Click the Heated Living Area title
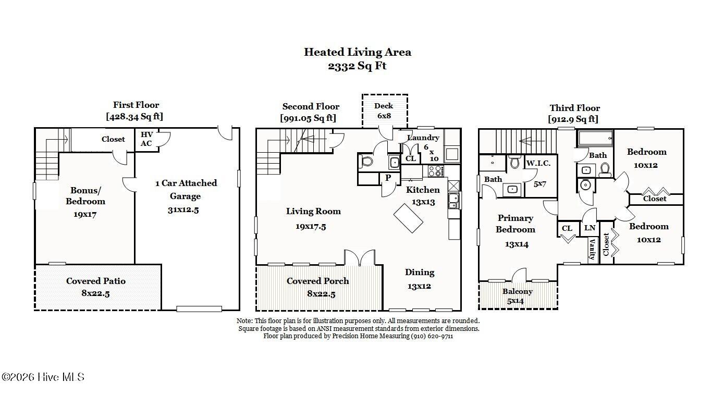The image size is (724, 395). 358,52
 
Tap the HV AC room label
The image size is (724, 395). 146,139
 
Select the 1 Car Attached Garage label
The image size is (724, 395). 186,189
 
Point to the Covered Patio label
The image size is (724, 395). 96,281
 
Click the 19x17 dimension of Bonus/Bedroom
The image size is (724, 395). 85,214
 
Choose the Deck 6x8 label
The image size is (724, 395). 384,111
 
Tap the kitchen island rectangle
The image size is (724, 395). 408,218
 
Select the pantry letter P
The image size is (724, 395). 388,177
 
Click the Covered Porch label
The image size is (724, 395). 318,281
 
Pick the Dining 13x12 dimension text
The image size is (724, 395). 419,286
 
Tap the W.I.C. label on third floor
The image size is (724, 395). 538,164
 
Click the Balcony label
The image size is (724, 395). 518,292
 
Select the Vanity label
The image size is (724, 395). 593,249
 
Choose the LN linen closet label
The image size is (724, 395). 590,228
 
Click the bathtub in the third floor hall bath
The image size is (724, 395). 595,138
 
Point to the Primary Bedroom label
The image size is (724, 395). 516,224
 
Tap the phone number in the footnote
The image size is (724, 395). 432,336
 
